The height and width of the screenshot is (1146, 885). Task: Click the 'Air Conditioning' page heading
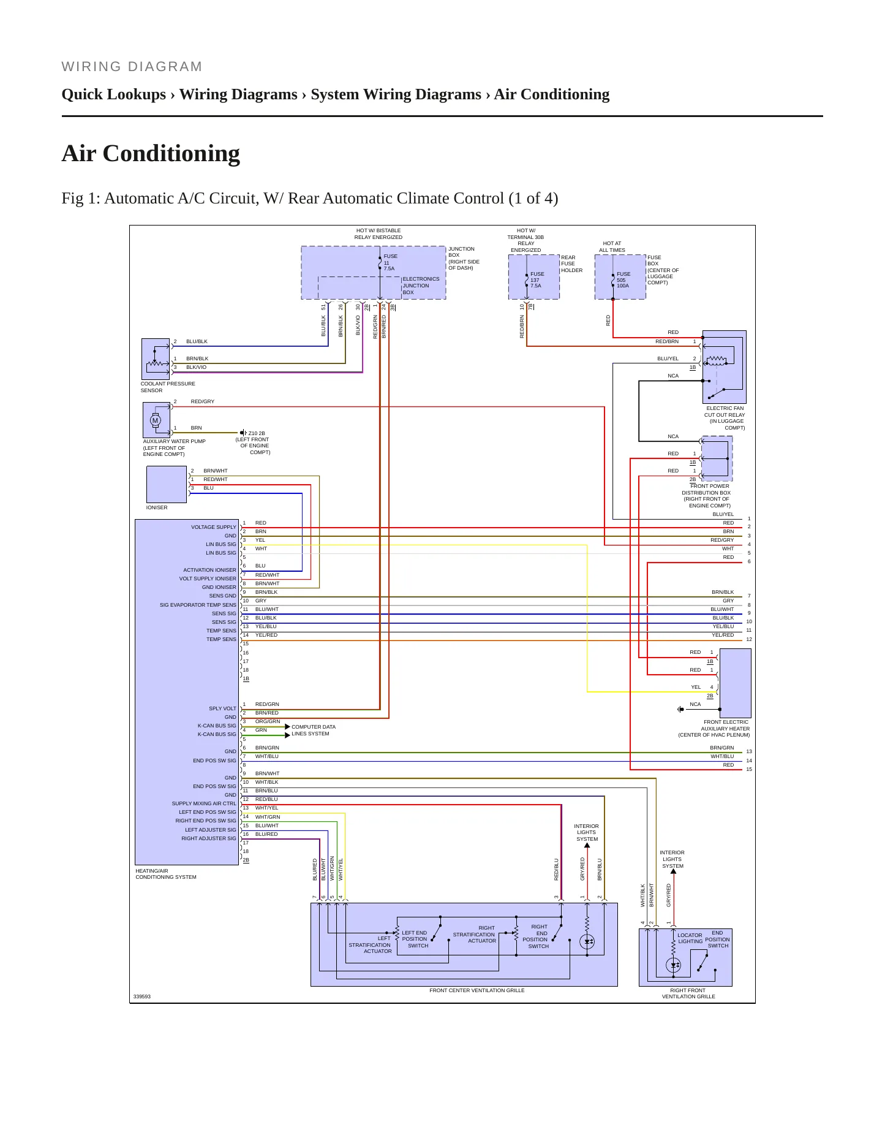pyautogui.click(x=151, y=153)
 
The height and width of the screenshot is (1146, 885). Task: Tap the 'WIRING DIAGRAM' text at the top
pyautogui.click(x=132, y=67)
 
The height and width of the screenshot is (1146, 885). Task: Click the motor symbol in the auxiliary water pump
pyautogui.click(x=156, y=420)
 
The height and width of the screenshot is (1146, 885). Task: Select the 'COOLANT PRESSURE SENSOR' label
pyautogui.click(x=168, y=387)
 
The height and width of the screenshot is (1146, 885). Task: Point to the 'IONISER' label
pyautogui.click(x=157, y=507)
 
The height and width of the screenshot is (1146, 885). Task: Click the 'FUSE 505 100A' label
pyautogui.click(x=623, y=280)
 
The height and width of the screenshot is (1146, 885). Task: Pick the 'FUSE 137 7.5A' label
pyautogui.click(x=537, y=280)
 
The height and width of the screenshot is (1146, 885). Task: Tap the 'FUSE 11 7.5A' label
pyautogui.click(x=390, y=262)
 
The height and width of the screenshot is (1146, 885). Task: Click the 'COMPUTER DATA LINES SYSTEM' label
pyautogui.click(x=313, y=730)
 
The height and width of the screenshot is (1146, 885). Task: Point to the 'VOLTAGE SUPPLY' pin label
pyautogui.click(x=213, y=527)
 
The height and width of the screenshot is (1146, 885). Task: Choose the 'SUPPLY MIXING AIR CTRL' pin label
pyautogui.click(x=204, y=803)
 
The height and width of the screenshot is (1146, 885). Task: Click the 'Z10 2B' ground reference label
pyautogui.click(x=257, y=433)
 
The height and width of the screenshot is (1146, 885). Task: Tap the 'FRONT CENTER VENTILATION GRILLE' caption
pyautogui.click(x=477, y=990)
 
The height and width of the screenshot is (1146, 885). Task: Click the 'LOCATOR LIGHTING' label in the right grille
pyautogui.click(x=690, y=938)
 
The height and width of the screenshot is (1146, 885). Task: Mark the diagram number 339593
pyautogui.click(x=142, y=996)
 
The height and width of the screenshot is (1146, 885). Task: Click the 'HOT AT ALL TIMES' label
pyautogui.click(x=612, y=246)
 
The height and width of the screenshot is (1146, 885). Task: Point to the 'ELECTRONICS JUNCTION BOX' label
pyautogui.click(x=421, y=286)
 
